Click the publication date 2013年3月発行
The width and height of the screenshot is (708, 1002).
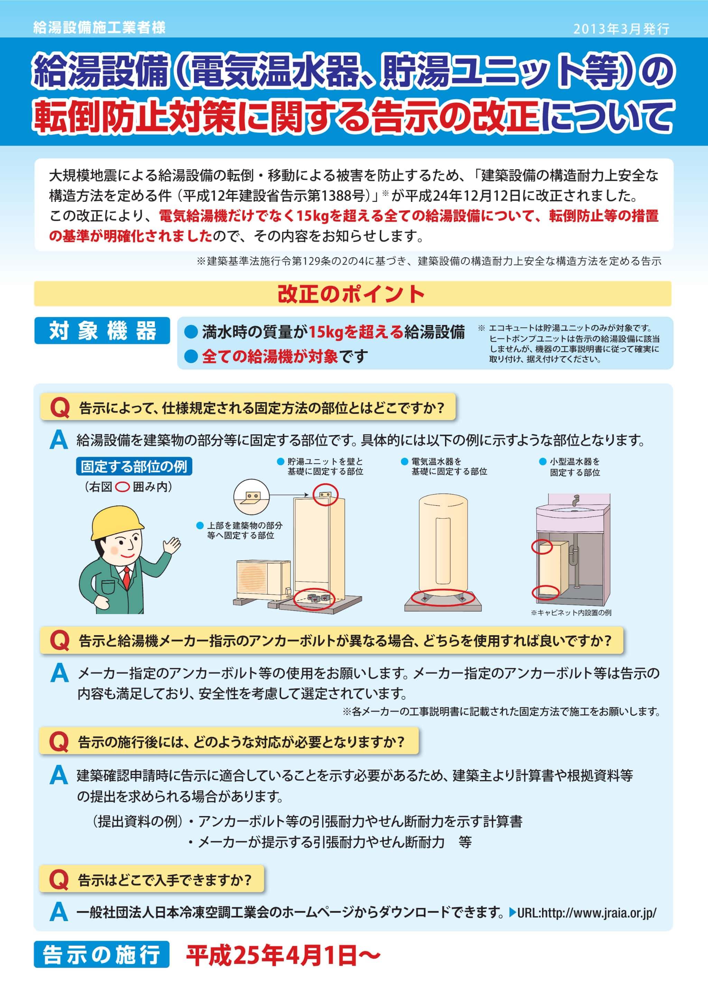[621, 29]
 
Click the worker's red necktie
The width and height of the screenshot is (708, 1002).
[127, 578]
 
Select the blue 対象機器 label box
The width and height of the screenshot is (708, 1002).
[102, 330]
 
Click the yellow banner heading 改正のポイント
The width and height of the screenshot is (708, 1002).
[352, 294]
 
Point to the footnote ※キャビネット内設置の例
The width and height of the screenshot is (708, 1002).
[571, 613]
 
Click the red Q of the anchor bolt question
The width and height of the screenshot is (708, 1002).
[60, 641]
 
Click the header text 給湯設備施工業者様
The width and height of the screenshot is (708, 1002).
[100, 28]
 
